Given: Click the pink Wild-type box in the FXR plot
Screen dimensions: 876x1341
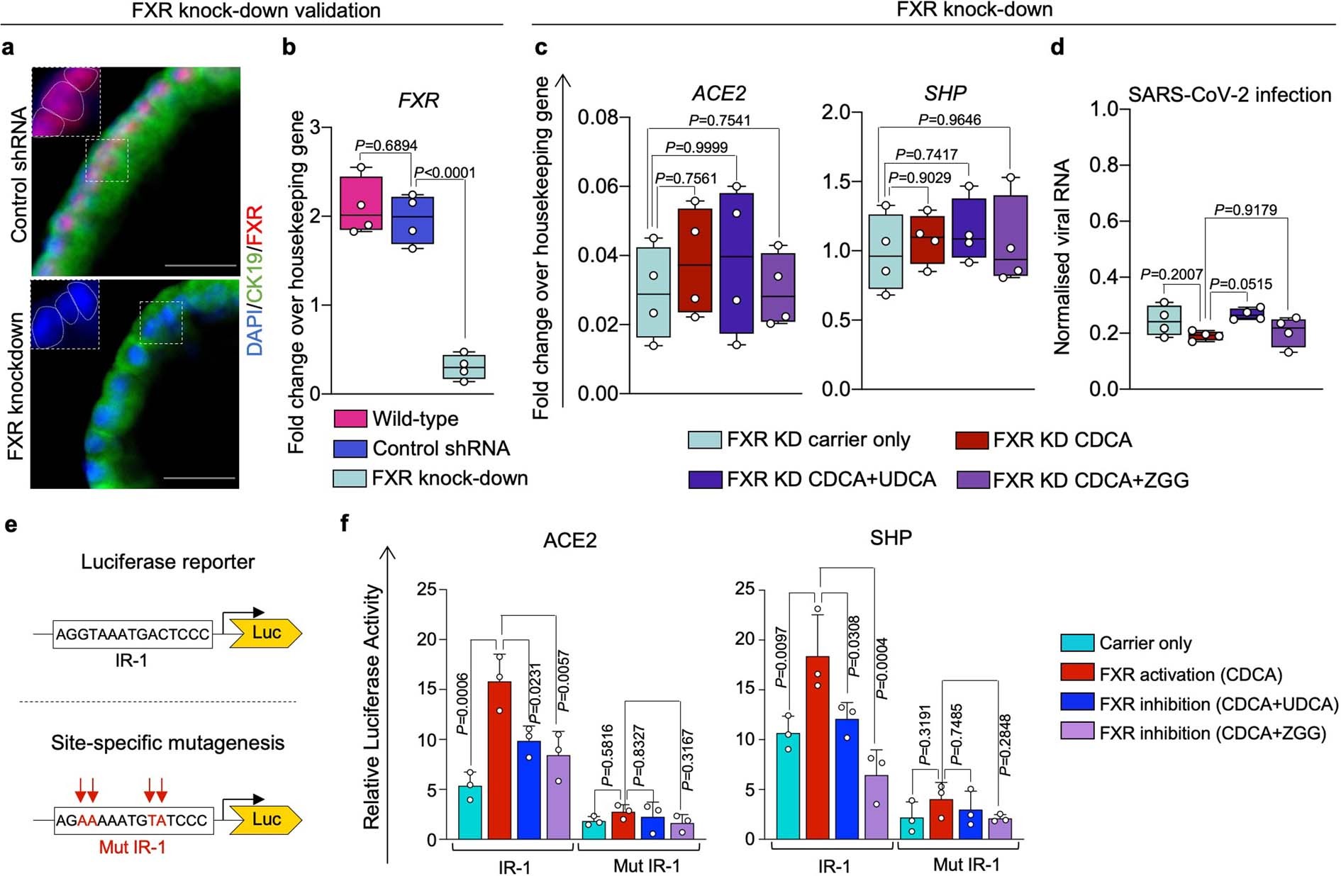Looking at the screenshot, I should coord(361,203).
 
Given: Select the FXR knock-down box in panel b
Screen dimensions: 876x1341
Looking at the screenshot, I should coord(464,367).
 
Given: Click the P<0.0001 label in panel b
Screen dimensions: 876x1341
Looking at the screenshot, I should coord(445,172).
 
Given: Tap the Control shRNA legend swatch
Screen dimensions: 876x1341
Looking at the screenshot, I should coord(350,449).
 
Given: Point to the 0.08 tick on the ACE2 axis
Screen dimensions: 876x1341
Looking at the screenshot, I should coord(599,117).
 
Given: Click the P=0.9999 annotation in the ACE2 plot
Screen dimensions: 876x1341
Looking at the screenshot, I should coord(696,147).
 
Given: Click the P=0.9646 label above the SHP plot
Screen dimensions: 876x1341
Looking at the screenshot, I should coord(949,120).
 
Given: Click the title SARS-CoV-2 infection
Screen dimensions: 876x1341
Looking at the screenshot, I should coord(1229,95).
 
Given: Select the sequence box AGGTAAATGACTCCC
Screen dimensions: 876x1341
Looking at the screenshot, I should coord(133,634).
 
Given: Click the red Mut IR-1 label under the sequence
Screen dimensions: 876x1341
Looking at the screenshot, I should coord(132,847).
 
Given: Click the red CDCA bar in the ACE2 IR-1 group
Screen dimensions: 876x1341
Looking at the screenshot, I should coord(500,760).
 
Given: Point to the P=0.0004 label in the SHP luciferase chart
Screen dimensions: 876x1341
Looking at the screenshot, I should coord(882,668).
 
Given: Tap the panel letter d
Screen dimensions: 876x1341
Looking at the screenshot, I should coord(1057,47).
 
